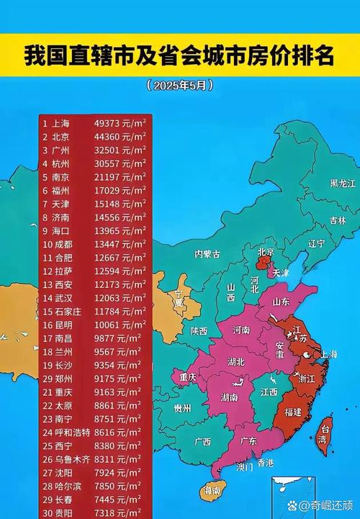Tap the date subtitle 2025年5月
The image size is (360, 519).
pyautogui.click(x=180, y=85)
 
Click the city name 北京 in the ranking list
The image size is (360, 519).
pyautogui.click(x=60, y=137)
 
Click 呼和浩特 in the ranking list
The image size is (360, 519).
pyautogui.click(x=71, y=431)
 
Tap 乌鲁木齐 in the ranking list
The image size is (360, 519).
pyautogui.click(x=71, y=458)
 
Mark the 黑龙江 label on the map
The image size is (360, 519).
pyautogui.click(x=343, y=184)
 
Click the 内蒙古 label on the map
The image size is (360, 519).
pyautogui.click(x=207, y=253)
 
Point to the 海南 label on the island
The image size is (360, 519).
pyautogui.click(x=211, y=490)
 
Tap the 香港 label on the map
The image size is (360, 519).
pyautogui.click(x=265, y=463)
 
